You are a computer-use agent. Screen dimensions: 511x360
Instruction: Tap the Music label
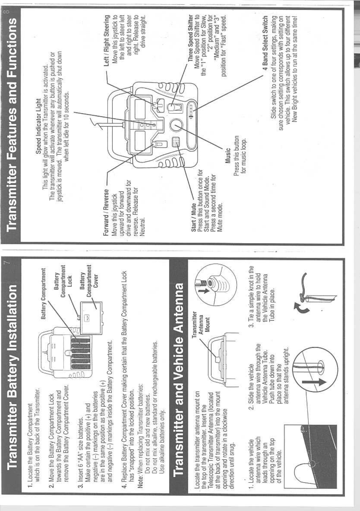[228, 156]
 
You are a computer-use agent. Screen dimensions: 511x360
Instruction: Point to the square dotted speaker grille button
[176, 142]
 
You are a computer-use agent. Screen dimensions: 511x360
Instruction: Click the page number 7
[7, 263]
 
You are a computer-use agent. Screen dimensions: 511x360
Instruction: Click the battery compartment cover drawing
[91, 318]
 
